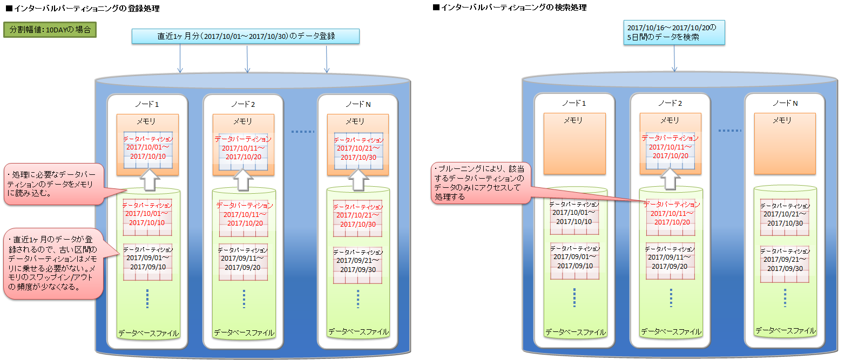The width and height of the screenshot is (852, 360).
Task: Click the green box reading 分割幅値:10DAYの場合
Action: point(50,30)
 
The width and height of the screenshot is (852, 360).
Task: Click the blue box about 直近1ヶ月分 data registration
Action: point(246,36)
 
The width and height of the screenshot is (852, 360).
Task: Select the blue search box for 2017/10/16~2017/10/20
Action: point(674,32)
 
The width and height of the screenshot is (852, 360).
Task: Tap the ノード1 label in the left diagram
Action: point(147,104)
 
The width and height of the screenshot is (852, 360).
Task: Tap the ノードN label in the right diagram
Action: point(785,103)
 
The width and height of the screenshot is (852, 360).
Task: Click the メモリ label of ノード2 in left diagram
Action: point(243,121)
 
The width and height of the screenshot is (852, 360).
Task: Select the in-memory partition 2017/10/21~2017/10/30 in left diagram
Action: point(358,151)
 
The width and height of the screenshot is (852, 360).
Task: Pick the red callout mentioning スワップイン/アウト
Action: point(53,263)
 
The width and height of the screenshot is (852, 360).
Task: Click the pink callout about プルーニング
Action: point(481,183)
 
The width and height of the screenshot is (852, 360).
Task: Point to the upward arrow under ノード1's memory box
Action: point(150,179)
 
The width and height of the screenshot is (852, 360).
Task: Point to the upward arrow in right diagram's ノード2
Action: point(670,178)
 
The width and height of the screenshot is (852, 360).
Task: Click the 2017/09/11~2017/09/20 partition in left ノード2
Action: point(243,262)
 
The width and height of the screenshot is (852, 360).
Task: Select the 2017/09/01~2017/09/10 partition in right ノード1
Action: point(574,261)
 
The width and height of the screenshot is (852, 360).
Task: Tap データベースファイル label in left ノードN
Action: point(358,331)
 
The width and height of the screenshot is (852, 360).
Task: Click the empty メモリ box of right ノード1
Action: point(574,148)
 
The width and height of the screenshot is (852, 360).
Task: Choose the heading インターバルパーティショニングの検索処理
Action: point(510,8)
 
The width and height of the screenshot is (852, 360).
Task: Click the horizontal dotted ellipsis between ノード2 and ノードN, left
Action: point(302,131)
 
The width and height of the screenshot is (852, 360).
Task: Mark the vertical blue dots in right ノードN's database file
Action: point(785,297)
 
